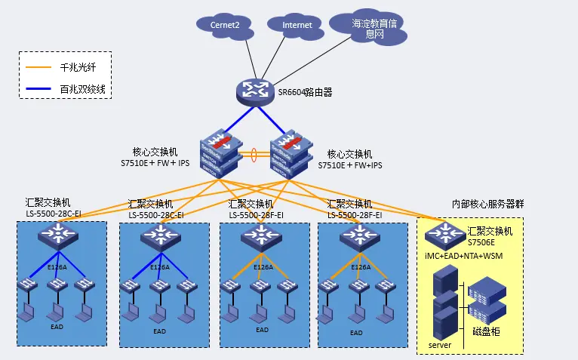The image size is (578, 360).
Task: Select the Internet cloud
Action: click(x=296, y=25)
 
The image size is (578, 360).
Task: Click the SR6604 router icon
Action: click(x=254, y=91)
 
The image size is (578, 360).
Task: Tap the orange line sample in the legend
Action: click(x=38, y=67)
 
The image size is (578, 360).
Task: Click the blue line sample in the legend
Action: click(x=38, y=90)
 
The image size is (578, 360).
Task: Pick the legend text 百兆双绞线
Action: click(x=82, y=90)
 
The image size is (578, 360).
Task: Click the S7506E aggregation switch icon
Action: click(x=444, y=235)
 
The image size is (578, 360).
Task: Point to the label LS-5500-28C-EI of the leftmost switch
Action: click(x=53, y=214)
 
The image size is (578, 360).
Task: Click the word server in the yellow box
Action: click(x=440, y=344)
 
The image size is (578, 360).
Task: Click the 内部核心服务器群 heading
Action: click(x=487, y=204)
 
